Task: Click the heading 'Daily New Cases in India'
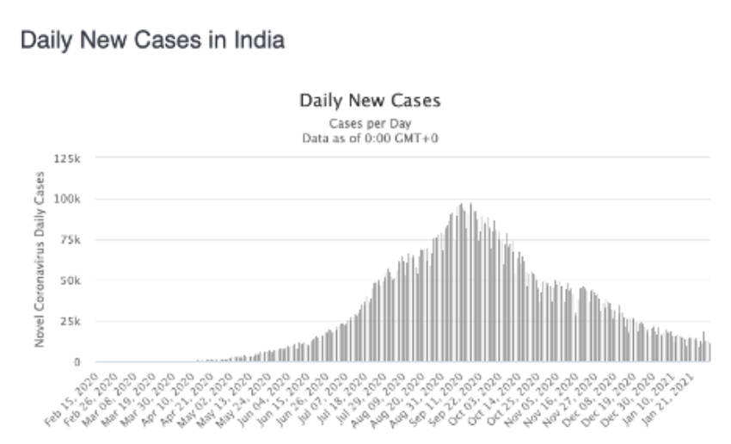coord(152,40)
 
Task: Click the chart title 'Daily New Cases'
coord(370,101)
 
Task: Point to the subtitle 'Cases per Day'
coord(370,123)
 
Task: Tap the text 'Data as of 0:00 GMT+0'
coord(370,138)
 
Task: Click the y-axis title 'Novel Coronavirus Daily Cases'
coord(39,260)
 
